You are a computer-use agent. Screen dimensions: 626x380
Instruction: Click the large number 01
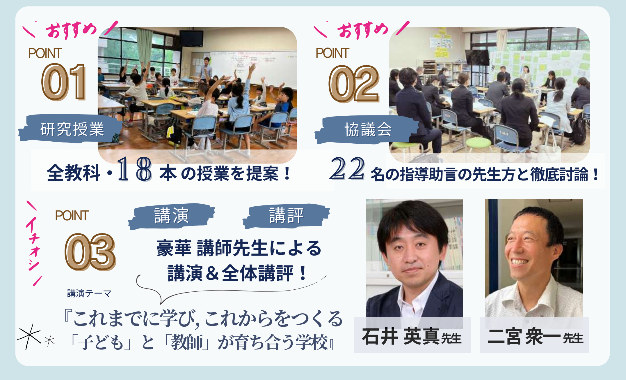click(x=64, y=82)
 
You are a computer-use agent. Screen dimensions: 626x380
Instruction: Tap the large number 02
click(x=354, y=84)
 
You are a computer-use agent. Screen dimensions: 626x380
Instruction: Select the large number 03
click(x=90, y=252)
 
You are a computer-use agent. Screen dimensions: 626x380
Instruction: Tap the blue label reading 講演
click(x=171, y=216)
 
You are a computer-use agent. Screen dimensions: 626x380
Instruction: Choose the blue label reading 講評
click(x=286, y=216)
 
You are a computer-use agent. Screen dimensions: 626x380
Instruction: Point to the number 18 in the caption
click(x=134, y=169)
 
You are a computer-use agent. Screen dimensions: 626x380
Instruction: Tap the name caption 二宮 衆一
click(x=524, y=337)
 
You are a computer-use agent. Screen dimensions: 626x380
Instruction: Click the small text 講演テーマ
click(x=89, y=293)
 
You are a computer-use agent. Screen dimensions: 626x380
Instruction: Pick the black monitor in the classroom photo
click(x=191, y=38)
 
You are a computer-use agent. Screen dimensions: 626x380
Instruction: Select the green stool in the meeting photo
click(x=478, y=145)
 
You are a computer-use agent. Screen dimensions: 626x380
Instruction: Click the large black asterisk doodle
click(x=29, y=337)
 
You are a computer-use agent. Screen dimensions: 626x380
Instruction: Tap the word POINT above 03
click(x=72, y=216)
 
